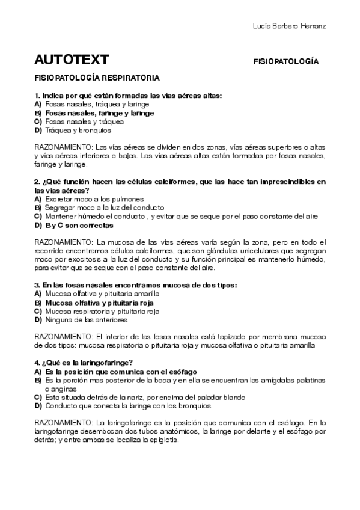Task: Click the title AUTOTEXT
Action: [72, 60]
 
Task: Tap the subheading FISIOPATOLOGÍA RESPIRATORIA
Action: [97, 78]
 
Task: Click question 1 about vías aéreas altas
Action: [129, 96]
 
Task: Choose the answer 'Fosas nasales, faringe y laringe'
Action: [100, 112]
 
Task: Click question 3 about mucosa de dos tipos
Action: [136, 285]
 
